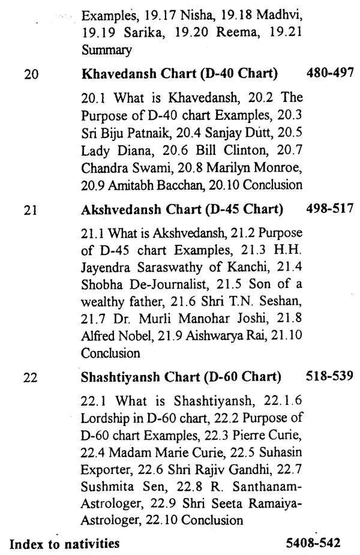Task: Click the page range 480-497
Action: (x=330, y=74)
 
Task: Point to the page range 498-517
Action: (x=330, y=209)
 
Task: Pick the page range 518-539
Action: (x=330, y=376)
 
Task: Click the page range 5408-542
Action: (x=313, y=543)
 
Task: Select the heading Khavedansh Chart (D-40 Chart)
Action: (x=179, y=74)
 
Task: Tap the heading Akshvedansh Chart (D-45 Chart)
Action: (x=181, y=209)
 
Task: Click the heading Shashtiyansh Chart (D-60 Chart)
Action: (x=180, y=377)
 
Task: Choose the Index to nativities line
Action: (x=64, y=544)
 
